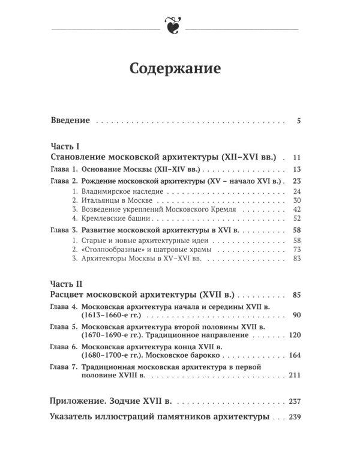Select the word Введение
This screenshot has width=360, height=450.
[70, 121]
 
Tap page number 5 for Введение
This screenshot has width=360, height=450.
[298, 121]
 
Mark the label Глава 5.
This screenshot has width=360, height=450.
[63, 326]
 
